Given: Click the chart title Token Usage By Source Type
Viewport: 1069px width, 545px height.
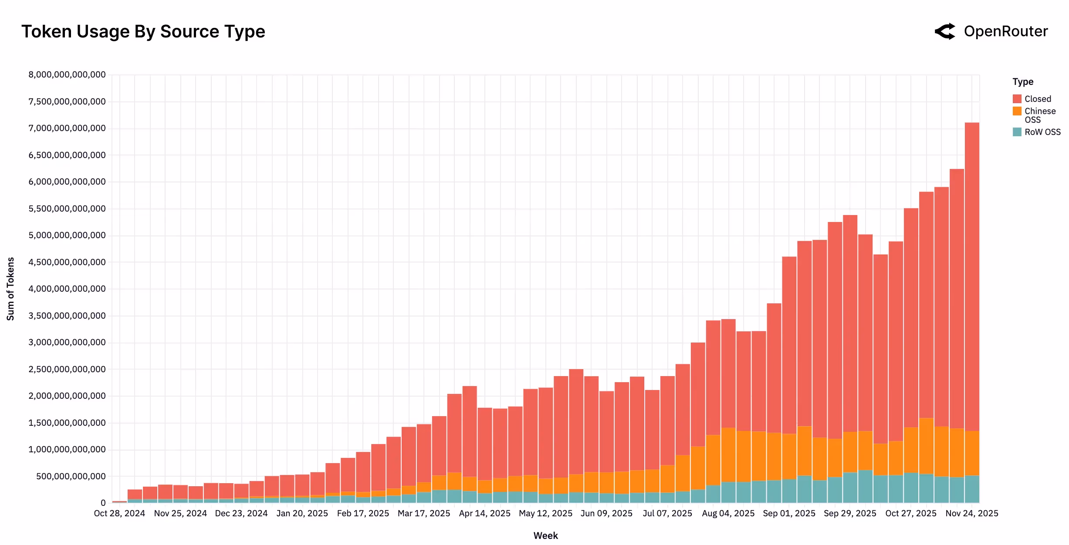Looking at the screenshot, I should pyautogui.click(x=143, y=32).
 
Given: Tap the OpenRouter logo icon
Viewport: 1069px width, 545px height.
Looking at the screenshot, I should pyautogui.click(x=945, y=31).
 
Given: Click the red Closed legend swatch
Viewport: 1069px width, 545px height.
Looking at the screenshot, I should pyautogui.click(x=1017, y=99).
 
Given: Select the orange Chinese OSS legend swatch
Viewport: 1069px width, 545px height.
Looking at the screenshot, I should pyautogui.click(x=1017, y=111).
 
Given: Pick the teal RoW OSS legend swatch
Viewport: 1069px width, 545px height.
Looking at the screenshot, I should pyautogui.click(x=1017, y=132).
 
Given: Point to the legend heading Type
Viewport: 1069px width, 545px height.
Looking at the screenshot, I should pyautogui.click(x=1022, y=82).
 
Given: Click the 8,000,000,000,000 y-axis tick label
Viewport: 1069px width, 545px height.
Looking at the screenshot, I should pyautogui.click(x=67, y=74).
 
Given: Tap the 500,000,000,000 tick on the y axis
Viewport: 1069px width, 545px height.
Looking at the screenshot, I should pyautogui.click(x=71, y=476).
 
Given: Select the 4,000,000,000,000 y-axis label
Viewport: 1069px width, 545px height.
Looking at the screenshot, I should pyautogui.click(x=67, y=289).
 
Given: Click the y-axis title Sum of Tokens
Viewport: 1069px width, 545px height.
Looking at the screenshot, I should pyautogui.click(x=10, y=289).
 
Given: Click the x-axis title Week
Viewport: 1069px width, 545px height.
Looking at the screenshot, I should pyautogui.click(x=545, y=535).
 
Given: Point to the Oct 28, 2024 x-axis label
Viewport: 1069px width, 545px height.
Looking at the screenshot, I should pyautogui.click(x=119, y=513).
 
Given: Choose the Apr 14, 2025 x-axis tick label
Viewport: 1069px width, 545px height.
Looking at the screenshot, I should pyautogui.click(x=484, y=513).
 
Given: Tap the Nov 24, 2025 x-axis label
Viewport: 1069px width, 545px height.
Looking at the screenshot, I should pyautogui.click(x=971, y=513).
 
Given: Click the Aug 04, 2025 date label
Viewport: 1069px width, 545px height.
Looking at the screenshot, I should pyautogui.click(x=728, y=513).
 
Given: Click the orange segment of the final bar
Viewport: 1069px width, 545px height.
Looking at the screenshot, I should pyautogui.click(x=972, y=453).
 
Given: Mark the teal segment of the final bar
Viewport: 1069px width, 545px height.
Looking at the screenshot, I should pyautogui.click(x=972, y=489).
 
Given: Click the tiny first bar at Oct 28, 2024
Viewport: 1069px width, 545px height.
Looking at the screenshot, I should pyautogui.click(x=119, y=502).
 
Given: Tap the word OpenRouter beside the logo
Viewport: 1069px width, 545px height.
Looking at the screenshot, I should pyautogui.click(x=1005, y=31).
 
